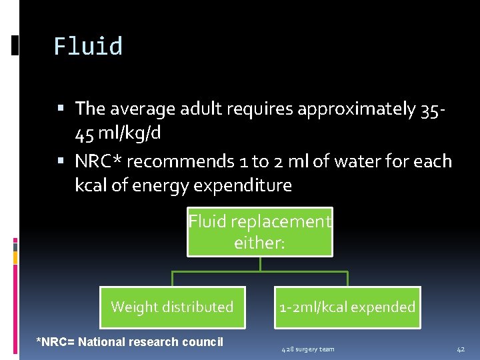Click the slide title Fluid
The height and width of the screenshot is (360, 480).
tap(88, 47)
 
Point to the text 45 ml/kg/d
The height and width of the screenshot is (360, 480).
tap(118, 133)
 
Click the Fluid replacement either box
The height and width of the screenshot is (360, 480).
tap(259, 231)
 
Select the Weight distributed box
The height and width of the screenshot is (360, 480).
tap(172, 307)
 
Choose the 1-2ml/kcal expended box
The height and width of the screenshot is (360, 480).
tap(347, 307)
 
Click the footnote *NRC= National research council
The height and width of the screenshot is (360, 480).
tap(129, 342)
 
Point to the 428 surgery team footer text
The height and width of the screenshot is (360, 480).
tap(307, 349)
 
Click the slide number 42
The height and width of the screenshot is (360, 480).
tap(461, 349)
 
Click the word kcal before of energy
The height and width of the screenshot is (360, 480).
tap(91, 185)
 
